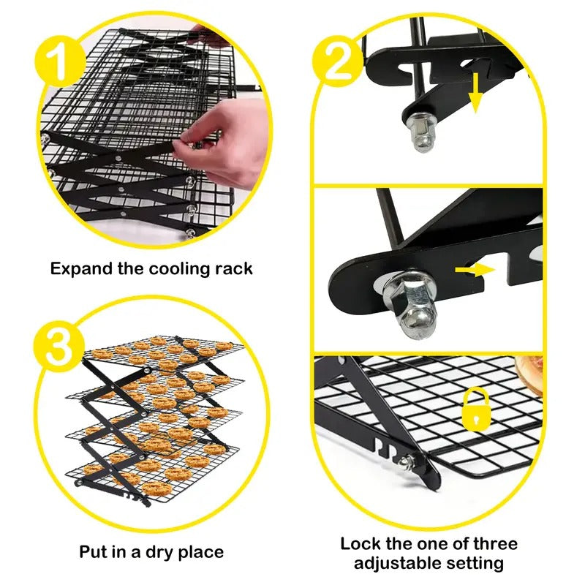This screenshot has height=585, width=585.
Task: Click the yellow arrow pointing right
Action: (x=473, y=271)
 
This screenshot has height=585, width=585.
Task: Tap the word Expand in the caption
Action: (x=82, y=268)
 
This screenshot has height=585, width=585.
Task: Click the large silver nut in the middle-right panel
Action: (x=410, y=305)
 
